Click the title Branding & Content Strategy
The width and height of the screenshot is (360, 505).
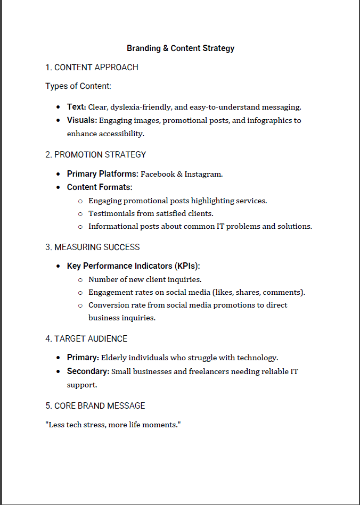(x=181, y=48)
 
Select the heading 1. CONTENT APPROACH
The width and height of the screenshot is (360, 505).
(x=92, y=68)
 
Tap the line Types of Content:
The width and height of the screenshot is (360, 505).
(x=78, y=86)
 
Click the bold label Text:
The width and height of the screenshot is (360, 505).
(x=76, y=107)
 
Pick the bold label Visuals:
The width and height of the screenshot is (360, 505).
(x=81, y=120)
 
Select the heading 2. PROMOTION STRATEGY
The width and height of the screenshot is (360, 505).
(x=95, y=155)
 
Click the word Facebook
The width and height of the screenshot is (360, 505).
(x=159, y=174)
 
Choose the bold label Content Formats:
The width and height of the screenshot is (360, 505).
(x=100, y=187)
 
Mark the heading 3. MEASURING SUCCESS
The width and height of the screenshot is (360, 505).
(x=93, y=247)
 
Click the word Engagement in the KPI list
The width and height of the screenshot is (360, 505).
(x=110, y=292)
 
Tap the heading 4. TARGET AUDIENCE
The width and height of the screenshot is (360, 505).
(x=86, y=339)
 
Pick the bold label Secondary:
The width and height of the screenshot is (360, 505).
(x=88, y=371)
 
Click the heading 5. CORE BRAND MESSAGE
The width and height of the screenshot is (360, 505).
(x=95, y=406)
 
